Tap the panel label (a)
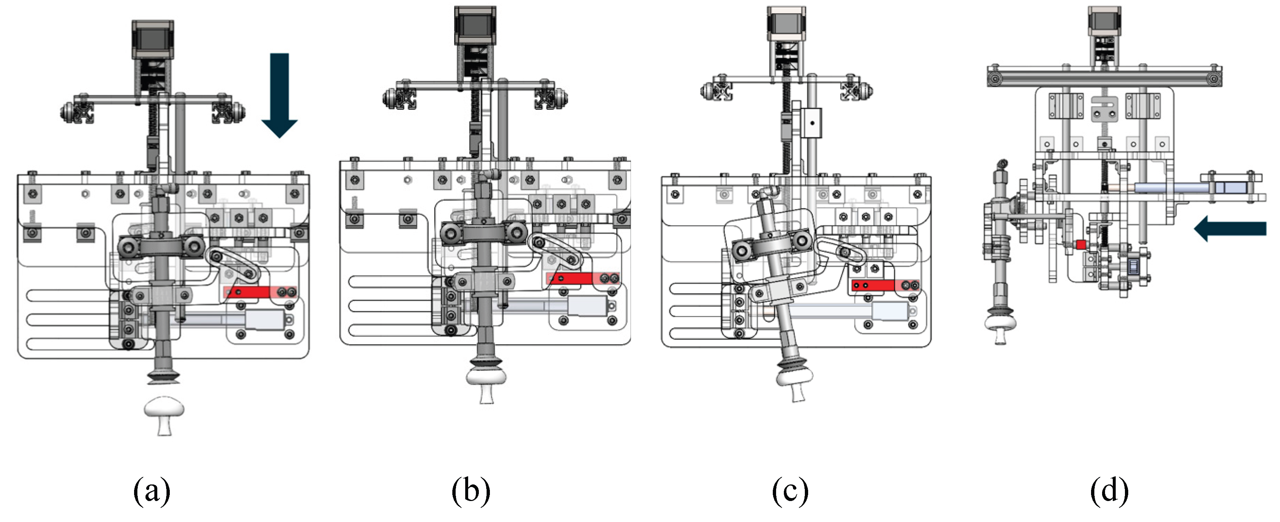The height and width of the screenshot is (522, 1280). click(x=151, y=491)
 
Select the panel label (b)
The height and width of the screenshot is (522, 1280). click(x=470, y=491)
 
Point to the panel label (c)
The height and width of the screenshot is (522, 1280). click(x=790, y=491)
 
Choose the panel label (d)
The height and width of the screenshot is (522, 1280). click(x=1109, y=491)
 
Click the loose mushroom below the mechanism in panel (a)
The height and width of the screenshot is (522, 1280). click(x=164, y=415)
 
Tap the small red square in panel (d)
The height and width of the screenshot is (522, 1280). click(x=1081, y=244)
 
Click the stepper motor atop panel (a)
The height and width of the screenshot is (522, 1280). click(x=152, y=40)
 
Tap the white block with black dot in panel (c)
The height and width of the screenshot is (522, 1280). click(x=812, y=123)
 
